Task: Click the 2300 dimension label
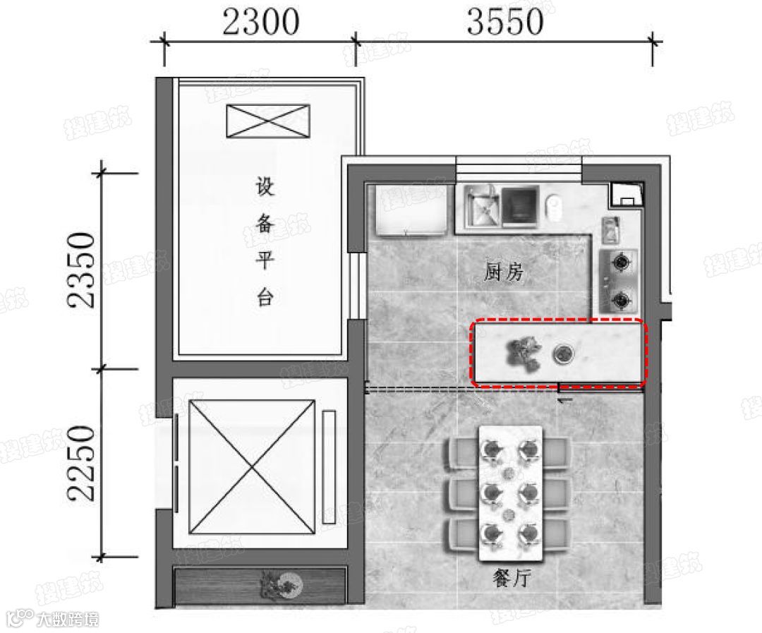point(260,23)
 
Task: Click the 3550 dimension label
point(504,23)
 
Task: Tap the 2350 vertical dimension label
point(81,271)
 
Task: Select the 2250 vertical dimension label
point(81,464)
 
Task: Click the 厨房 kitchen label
point(504,272)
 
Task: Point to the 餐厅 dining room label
point(512,578)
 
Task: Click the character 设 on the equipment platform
point(265,186)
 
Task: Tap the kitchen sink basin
point(483,206)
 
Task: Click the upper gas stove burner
point(621,263)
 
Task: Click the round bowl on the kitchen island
point(563,354)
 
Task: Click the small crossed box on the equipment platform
point(268,121)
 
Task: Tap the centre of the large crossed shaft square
point(252,466)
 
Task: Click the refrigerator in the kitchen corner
point(411,210)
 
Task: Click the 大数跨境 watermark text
point(68,620)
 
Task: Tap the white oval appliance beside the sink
point(554,205)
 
